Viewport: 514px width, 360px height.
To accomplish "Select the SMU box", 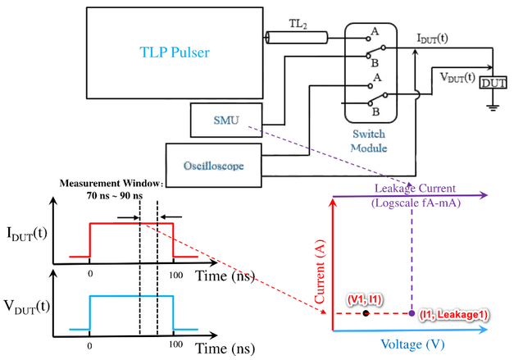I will tap(225, 120).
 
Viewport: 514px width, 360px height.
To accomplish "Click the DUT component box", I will tap(493, 82).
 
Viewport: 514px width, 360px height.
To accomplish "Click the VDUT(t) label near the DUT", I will tap(453, 77).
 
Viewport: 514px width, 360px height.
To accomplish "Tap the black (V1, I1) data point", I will tap(366, 313).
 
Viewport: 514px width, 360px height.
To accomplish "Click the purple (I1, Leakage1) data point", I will tap(411, 313).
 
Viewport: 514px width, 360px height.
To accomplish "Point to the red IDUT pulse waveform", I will tap(131, 224).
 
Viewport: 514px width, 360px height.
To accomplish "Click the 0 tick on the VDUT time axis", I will tap(89, 344).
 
